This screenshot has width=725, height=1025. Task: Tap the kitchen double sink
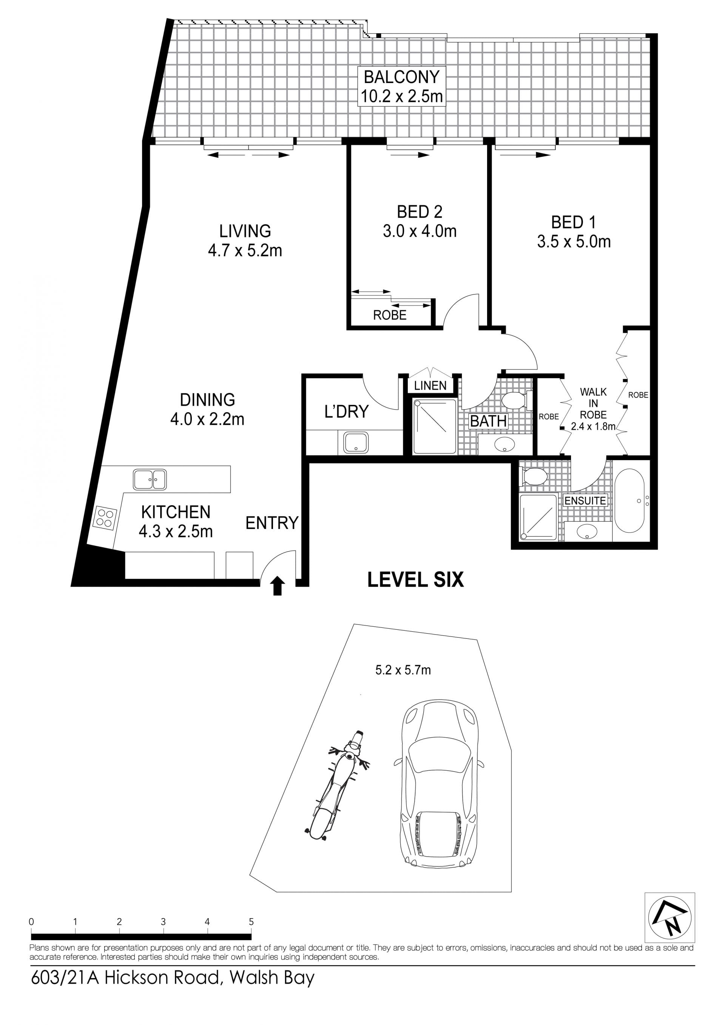point(150,479)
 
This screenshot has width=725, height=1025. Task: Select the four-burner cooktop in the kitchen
point(105,518)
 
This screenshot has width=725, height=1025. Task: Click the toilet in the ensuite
point(534,476)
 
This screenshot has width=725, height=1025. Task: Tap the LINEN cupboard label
point(430,386)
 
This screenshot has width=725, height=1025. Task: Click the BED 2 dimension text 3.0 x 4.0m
point(420,231)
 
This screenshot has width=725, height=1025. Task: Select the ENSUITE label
point(585,501)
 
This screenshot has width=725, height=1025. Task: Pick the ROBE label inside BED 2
point(390,315)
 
